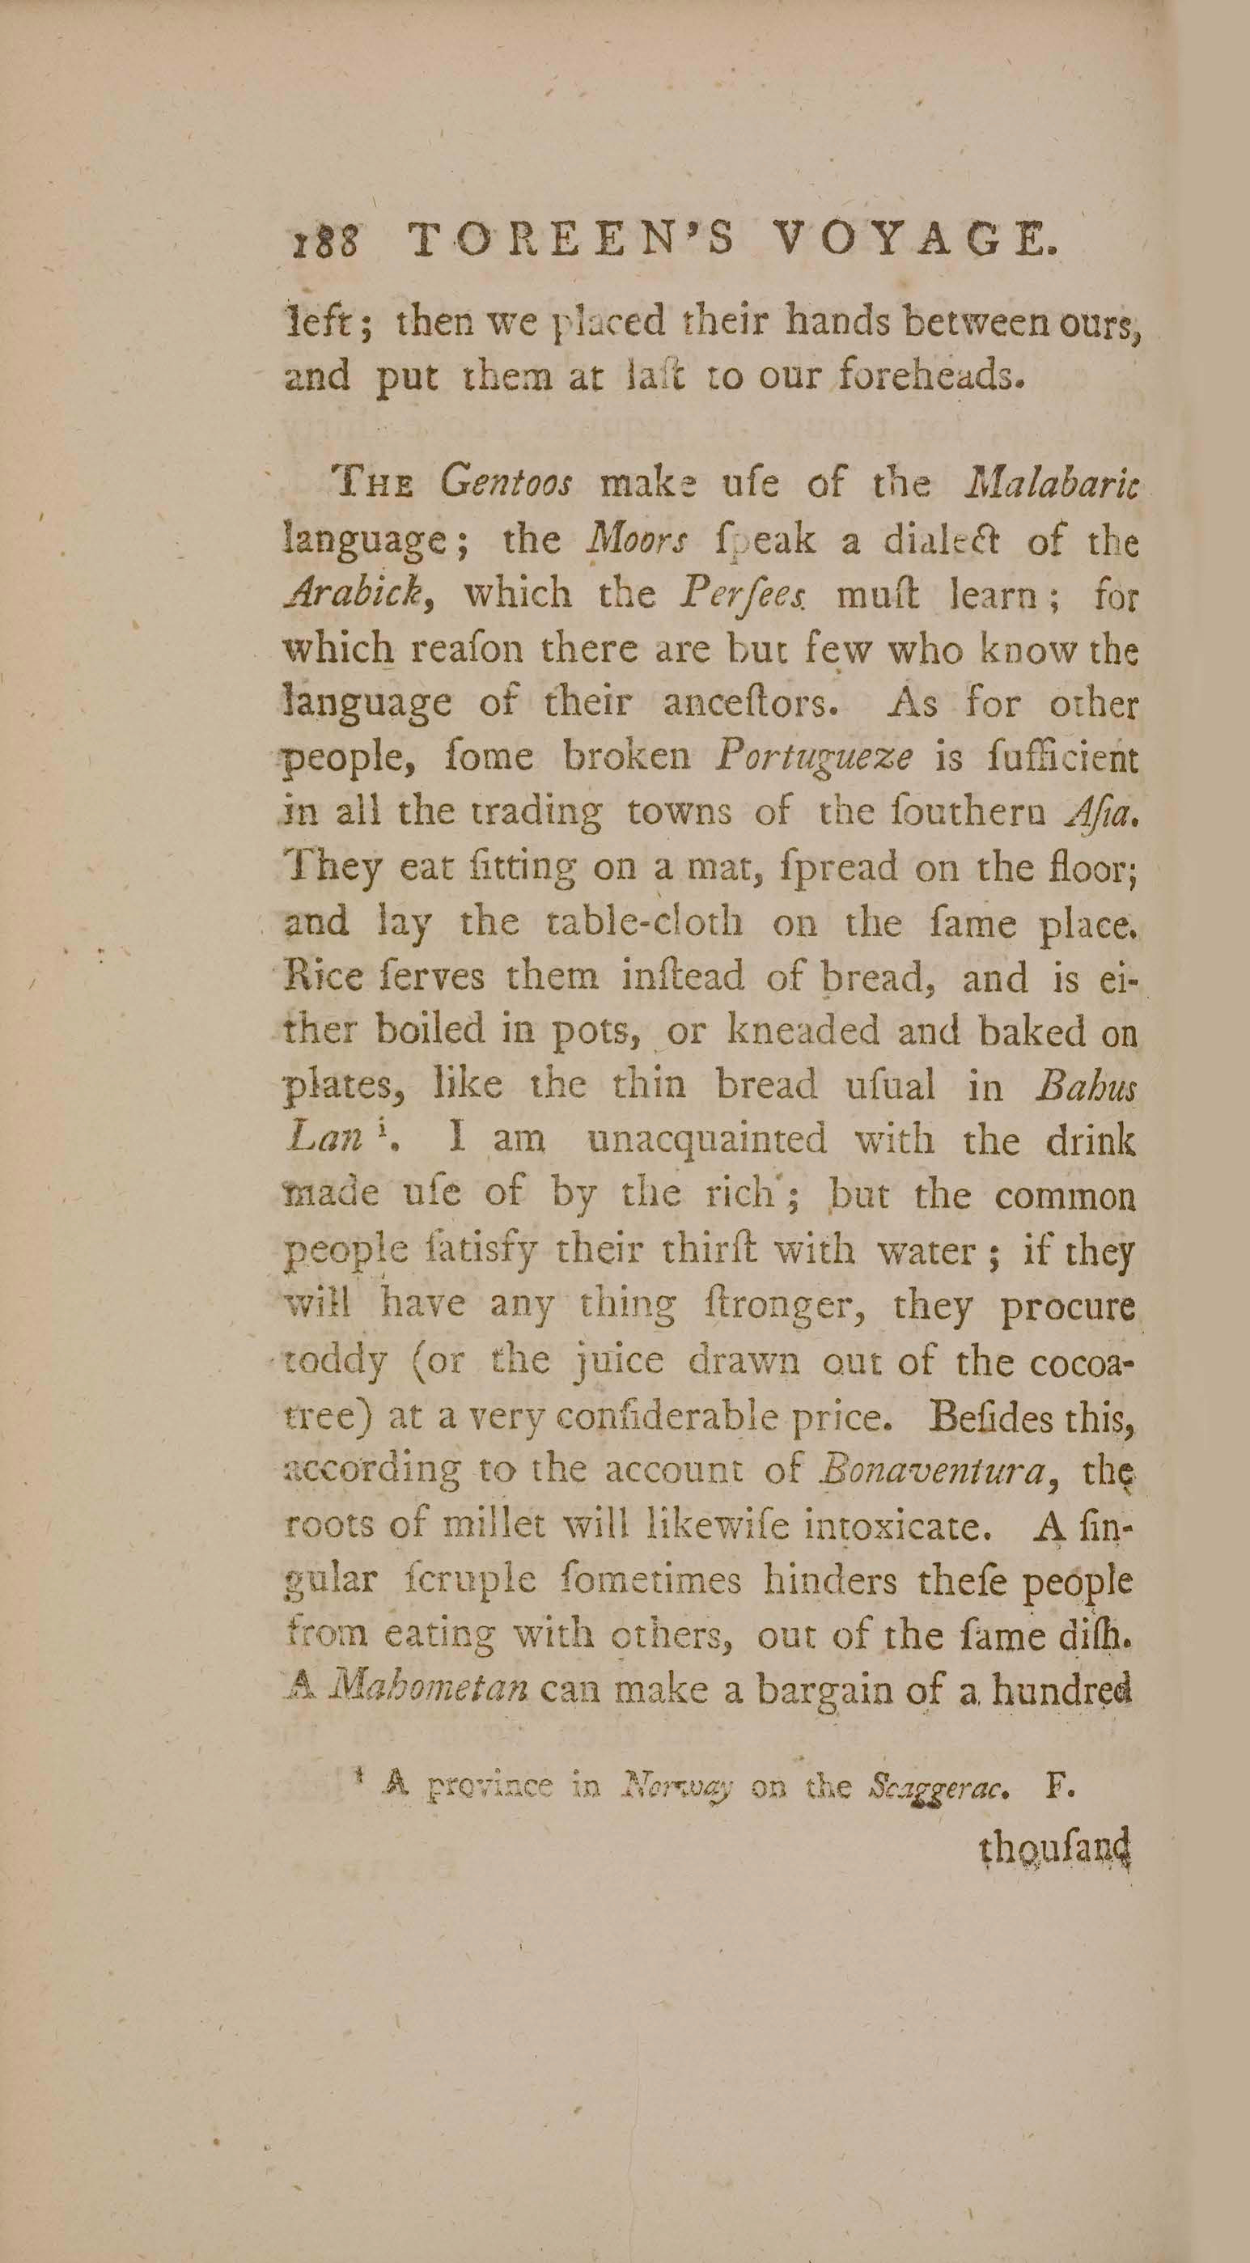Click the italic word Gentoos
pyautogui.click(x=506, y=483)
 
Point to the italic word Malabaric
pyautogui.click(x=1051, y=483)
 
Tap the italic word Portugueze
pyautogui.click(x=813, y=757)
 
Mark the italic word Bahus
pyautogui.click(x=1085, y=1086)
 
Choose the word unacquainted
pyautogui.click(x=707, y=1140)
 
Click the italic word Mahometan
pyautogui.click(x=431, y=1689)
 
